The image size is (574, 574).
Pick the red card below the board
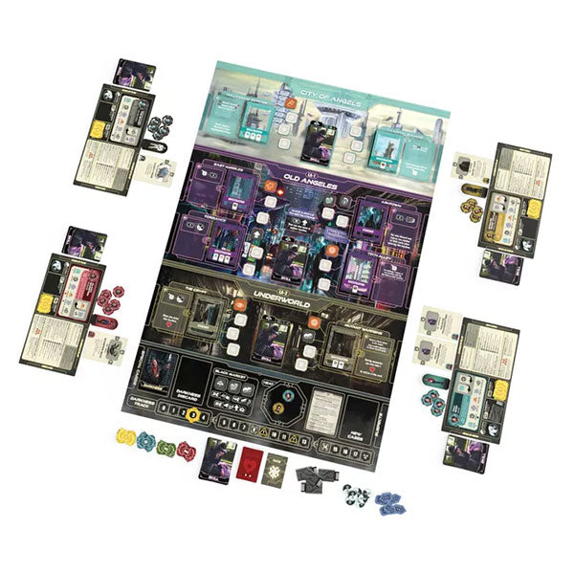[x=250, y=460]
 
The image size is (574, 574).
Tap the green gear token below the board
[x=166, y=445]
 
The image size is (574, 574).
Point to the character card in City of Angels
[x=316, y=141]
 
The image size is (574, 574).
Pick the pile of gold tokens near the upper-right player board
[x=475, y=205]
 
